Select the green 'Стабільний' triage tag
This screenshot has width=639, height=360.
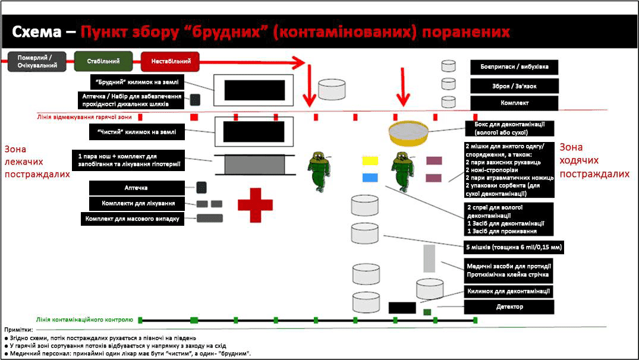[x=103, y=61]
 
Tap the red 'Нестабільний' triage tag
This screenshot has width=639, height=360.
[x=170, y=61]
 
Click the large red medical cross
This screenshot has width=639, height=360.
[x=255, y=204]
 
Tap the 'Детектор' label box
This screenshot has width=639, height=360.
[x=509, y=307]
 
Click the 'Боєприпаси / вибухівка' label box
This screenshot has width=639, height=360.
[x=514, y=67]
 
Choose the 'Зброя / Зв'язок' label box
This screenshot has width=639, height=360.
[x=514, y=86]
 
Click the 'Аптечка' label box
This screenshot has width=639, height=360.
[x=136, y=188]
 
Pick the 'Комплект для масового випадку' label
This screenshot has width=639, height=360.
[x=131, y=219]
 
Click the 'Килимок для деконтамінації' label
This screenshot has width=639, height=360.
[x=509, y=291]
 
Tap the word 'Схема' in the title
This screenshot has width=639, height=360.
[x=37, y=31]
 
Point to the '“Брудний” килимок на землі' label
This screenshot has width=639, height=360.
[x=137, y=81]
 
